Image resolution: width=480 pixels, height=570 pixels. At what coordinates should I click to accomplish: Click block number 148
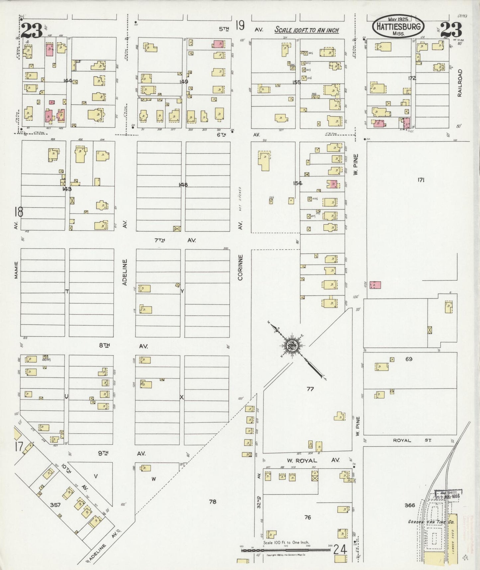tap(183, 185)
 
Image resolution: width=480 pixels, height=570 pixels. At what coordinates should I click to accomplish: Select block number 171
tap(421, 180)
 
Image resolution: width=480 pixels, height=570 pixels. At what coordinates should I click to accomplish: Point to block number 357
tap(55, 505)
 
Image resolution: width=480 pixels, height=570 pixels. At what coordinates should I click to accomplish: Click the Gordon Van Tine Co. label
tap(431, 522)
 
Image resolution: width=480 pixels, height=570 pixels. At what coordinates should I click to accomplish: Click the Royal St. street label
tap(412, 440)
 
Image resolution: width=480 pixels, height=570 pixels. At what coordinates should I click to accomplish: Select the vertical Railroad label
tap(460, 83)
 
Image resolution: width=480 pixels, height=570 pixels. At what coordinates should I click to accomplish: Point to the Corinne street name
tap(240, 267)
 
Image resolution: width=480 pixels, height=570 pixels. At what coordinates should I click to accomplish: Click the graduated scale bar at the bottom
tap(286, 550)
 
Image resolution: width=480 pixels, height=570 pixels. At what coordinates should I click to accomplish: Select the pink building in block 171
tap(375, 285)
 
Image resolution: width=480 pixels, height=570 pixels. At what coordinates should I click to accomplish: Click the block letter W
tap(153, 479)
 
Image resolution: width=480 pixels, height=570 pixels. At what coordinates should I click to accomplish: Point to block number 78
tap(213, 501)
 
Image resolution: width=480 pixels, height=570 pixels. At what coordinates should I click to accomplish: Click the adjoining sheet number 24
tap(340, 549)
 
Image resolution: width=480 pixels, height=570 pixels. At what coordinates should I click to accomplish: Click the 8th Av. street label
tap(123, 346)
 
